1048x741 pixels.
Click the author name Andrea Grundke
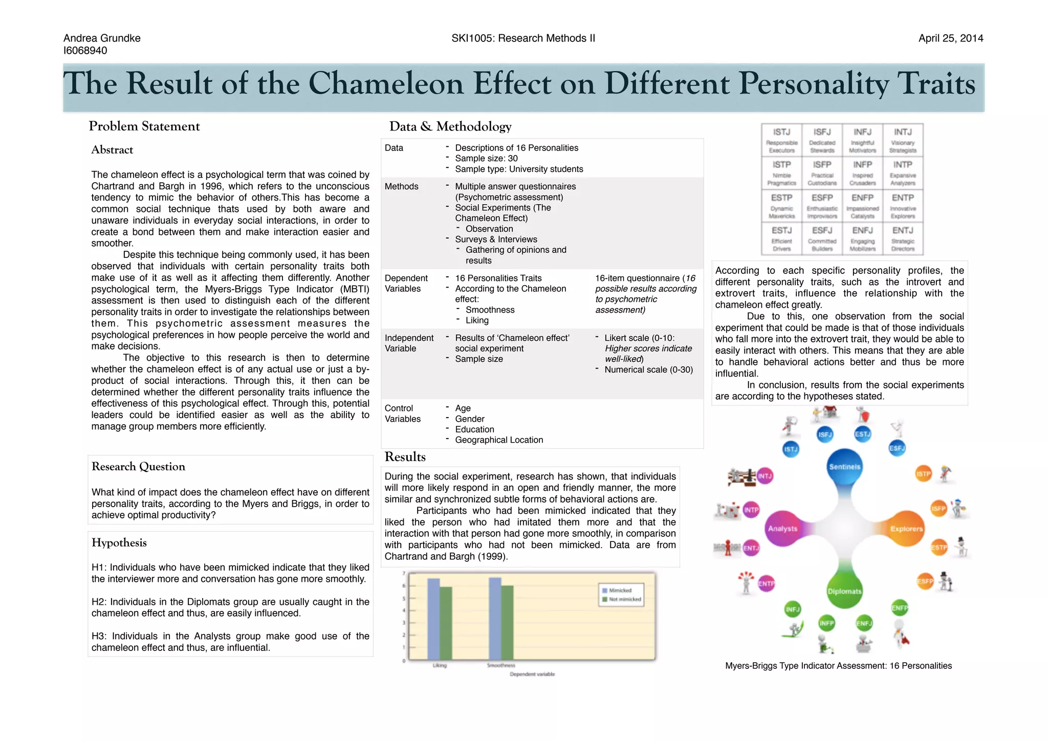pyautogui.click(x=102, y=38)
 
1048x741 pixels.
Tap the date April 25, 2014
pyautogui.click(x=950, y=38)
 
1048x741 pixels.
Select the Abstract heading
pyautogui.click(x=112, y=150)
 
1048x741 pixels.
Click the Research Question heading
pyautogui.click(x=138, y=467)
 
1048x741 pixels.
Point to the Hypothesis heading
pyautogui.click(x=119, y=543)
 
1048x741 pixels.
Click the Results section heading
pyautogui.click(x=405, y=457)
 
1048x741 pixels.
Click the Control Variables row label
pyautogui.click(x=403, y=413)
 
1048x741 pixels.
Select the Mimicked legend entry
pyautogui.click(x=620, y=591)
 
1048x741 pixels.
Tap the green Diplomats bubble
pyautogui.click(x=844, y=591)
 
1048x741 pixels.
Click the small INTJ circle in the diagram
pyautogui.click(x=765, y=476)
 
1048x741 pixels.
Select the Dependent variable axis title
pyautogui.click(x=532, y=674)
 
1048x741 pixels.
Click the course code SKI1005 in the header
pyautogui.click(x=471, y=38)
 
